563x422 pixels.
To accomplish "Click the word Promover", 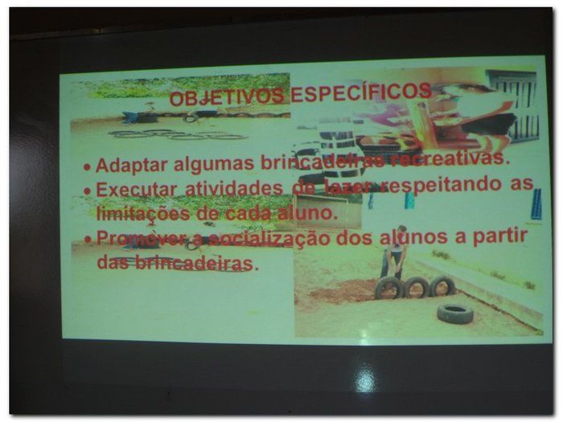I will pyautogui.click(x=132, y=239).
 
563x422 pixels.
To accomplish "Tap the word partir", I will pyautogui.click(x=499, y=235).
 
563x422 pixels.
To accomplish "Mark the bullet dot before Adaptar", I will pyautogui.click(x=88, y=168).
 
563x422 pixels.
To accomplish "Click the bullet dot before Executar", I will pyautogui.click(x=88, y=192).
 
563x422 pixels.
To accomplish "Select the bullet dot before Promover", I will pyautogui.click(x=88, y=240).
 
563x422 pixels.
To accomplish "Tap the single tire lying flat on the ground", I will pyautogui.click(x=455, y=313).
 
